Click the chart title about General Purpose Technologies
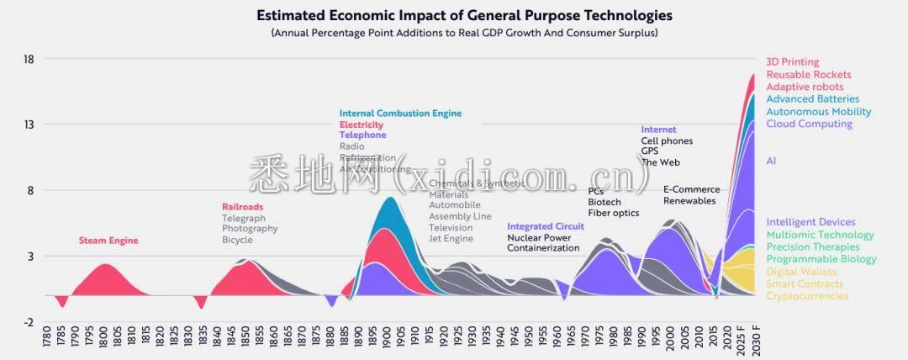tap(464, 15)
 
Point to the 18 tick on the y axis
tap(29, 59)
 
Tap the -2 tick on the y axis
tap(29, 321)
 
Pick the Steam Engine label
tap(108, 241)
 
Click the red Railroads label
tap(242, 207)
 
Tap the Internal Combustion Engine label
tap(400, 114)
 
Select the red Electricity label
tap(361, 124)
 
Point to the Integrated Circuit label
tap(546, 226)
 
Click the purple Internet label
tap(658, 130)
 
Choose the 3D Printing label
tap(792, 62)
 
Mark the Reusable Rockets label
tap(809, 75)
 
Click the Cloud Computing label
tap(809, 124)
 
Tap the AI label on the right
tap(771, 161)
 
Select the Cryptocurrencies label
tap(807, 296)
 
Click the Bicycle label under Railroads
tap(237, 240)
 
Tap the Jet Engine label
tap(451, 239)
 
